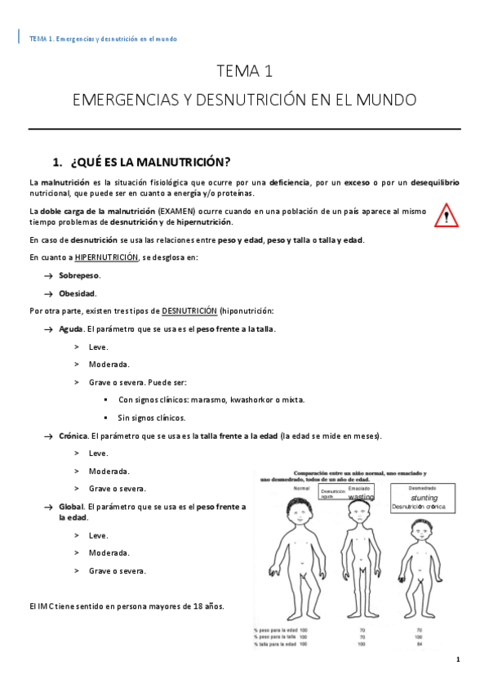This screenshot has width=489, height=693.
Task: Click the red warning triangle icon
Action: pyautogui.click(x=447, y=215)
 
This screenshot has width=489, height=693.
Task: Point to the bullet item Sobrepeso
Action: pyautogui.click(x=79, y=275)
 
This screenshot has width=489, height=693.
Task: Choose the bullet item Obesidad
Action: pyautogui.click(x=78, y=293)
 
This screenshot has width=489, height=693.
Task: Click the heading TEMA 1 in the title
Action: pyautogui.click(x=244, y=71)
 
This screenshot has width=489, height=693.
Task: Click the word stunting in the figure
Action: pyautogui.click(x=425, y=497)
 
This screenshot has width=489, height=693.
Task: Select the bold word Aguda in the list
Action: pyautogui.click(x=71, y=329)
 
